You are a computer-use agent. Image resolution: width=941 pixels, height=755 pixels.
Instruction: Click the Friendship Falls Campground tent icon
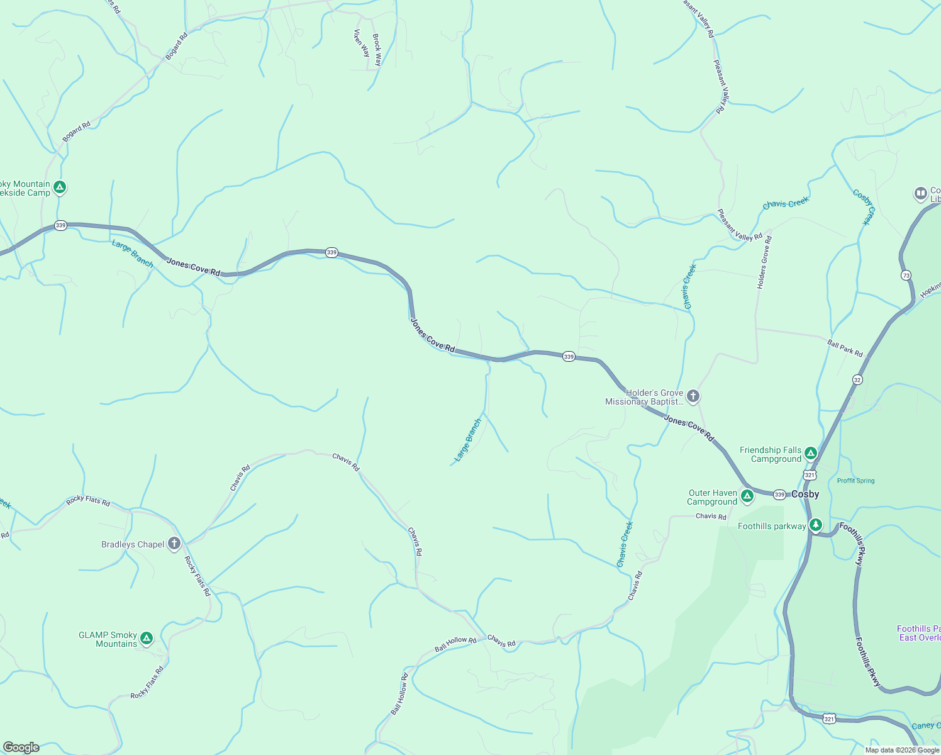811,453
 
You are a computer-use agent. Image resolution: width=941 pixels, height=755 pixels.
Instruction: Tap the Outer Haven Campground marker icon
747,496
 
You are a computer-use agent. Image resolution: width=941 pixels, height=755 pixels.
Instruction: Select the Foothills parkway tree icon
816,525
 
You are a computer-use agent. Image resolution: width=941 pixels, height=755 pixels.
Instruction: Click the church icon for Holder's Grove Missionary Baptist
693,396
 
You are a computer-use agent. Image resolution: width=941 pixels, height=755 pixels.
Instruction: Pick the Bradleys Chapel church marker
174,544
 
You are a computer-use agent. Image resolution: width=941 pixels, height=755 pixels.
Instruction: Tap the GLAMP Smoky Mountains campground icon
147,639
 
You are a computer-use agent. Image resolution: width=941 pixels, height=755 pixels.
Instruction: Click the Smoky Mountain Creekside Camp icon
60,187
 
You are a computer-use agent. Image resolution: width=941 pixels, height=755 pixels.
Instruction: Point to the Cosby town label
805,494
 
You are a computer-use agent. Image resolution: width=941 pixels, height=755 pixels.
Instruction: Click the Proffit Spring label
855,481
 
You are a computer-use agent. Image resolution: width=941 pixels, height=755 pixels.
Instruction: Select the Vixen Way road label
361,43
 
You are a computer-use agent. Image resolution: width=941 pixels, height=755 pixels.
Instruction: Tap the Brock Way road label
377,50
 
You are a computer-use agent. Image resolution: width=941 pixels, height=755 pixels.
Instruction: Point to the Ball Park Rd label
845,349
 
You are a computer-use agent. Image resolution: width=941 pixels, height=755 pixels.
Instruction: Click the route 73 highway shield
906,275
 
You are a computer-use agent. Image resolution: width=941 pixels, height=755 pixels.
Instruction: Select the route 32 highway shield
857,379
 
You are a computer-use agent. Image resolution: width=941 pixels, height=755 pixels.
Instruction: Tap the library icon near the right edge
921,193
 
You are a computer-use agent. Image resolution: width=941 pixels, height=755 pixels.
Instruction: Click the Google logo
21,747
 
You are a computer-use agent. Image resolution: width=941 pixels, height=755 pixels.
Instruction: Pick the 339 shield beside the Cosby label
779,495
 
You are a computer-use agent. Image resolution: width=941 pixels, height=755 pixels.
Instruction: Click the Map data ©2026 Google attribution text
902,750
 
